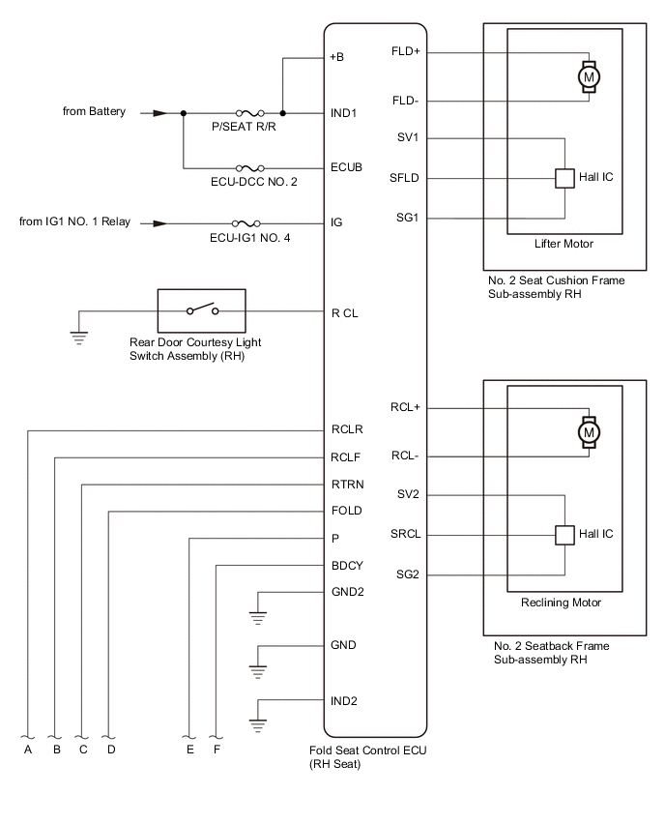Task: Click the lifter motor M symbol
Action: (x=589, y=77)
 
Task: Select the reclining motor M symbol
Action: (x=589, y=432)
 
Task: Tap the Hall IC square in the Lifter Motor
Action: (x=564, y=178)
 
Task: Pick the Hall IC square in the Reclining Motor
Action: (x=564, y=535)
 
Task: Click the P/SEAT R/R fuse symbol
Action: (x=250, y=113)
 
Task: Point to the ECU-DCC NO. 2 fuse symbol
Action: (x=250, y=168)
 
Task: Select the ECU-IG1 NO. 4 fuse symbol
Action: (x=246, y=223)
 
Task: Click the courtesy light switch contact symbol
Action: (x=202, y=309)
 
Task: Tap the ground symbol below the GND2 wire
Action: (x=257, y=618)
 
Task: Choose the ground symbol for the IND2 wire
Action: (x=257, y=725)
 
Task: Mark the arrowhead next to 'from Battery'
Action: (x=160, y=113)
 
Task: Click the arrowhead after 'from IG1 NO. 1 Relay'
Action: (x=160, y=223)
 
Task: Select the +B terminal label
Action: (x=336, y=57)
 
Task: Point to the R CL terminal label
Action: (x=344, y=313)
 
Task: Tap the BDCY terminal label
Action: (x=347, y=566)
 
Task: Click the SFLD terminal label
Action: (x=404, y=178)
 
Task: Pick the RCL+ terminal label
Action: (x=405, y=407)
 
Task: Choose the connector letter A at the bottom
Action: (x=28, y=750)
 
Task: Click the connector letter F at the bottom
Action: (x=217, y=750)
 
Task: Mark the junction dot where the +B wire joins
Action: (x=282, y=113)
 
